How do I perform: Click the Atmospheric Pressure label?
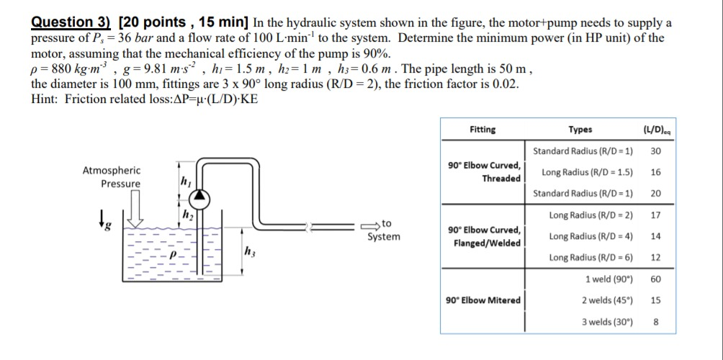click(112, 177)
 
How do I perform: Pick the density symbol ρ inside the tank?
click(172, 255)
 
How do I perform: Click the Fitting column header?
click(482, 130)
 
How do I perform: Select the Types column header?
click(580, 130)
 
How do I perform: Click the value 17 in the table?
click(655, 215)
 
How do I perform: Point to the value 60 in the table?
click(655, 279)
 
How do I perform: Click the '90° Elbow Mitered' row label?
click(484, 300)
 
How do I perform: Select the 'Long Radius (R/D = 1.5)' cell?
click(587, 172)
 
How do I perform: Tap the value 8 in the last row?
click(655, 322)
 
